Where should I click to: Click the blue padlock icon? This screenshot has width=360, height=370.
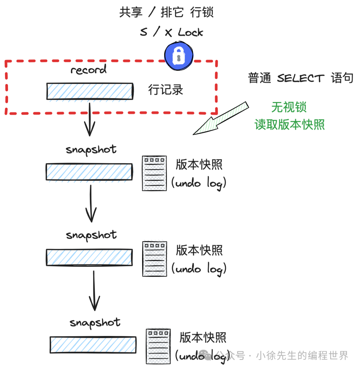(179, 56)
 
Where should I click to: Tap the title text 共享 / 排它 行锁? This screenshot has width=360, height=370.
(166, 12)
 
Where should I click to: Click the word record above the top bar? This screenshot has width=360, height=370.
(88, 69)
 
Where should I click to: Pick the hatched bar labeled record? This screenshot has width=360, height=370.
(90, 91)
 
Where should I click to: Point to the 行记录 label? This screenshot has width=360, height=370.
(166, 90)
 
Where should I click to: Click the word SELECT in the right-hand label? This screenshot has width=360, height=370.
(301, 78)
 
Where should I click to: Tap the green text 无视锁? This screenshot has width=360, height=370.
(289, 107)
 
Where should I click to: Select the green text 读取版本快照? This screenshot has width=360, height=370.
(290, 124)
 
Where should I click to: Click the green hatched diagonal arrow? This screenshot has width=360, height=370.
(221, 118)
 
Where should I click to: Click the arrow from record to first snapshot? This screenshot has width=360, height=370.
(90, 119)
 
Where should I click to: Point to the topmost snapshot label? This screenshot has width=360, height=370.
(91, 150)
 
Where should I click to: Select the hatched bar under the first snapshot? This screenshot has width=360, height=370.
(89, 172)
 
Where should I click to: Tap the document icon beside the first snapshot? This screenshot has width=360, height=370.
(155, 173)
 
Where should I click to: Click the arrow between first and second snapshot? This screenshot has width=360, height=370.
(91, 203)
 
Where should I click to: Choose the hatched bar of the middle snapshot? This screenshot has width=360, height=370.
(89, 257)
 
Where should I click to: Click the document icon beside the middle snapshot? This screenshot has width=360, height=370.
(155, 259)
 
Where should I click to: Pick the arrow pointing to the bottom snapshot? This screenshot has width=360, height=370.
(94, 290)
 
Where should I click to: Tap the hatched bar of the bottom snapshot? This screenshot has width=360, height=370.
(93, 345)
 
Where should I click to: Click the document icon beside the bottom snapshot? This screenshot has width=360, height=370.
(158, 346)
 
